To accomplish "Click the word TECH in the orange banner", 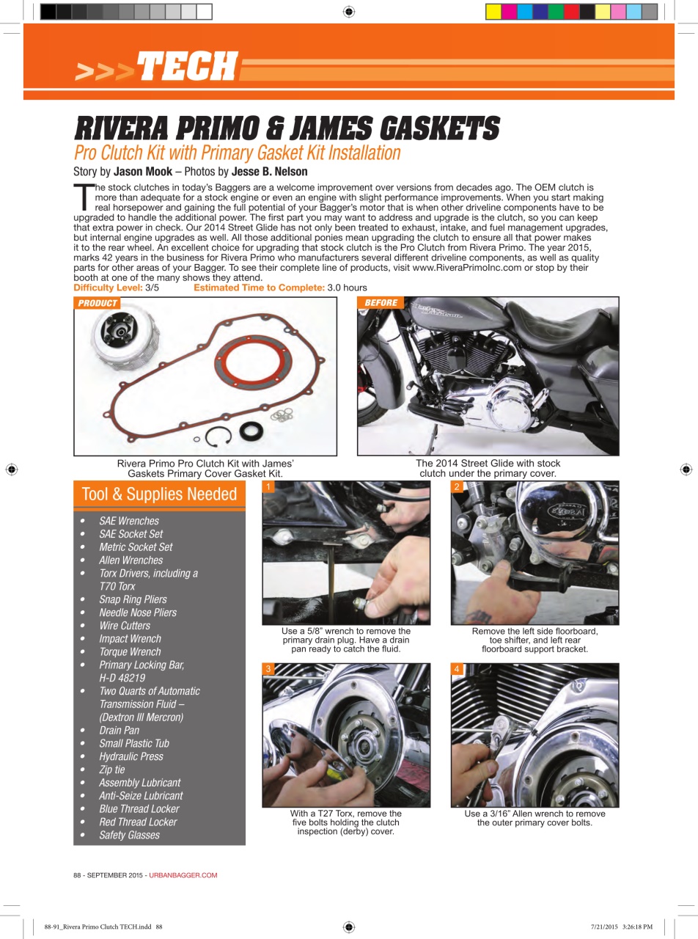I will [x=187, y=67].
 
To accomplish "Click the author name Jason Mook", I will [x=142, y=172].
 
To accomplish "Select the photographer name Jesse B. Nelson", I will [x=269, y=172].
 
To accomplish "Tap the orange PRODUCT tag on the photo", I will [x=97, y=303].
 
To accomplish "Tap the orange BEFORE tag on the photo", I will [x=381, y=303].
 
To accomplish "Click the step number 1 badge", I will [x=269, y=487].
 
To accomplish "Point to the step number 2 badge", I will [x=458, y=487].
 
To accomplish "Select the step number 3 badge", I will [x=269, y=669].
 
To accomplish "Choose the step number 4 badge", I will [x=458, y=669].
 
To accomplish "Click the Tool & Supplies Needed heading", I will [x=159, y=494].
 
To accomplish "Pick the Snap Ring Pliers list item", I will [x=133, y=599].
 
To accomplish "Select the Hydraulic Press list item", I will [x=131, y=756].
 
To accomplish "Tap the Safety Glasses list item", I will [x=129, y=835].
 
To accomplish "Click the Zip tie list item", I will [x=111, y=770].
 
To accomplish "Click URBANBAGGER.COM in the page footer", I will [x=183, y=875].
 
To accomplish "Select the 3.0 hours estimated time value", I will [x=347, y=288].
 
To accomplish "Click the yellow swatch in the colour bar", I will [x=493, y=11].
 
